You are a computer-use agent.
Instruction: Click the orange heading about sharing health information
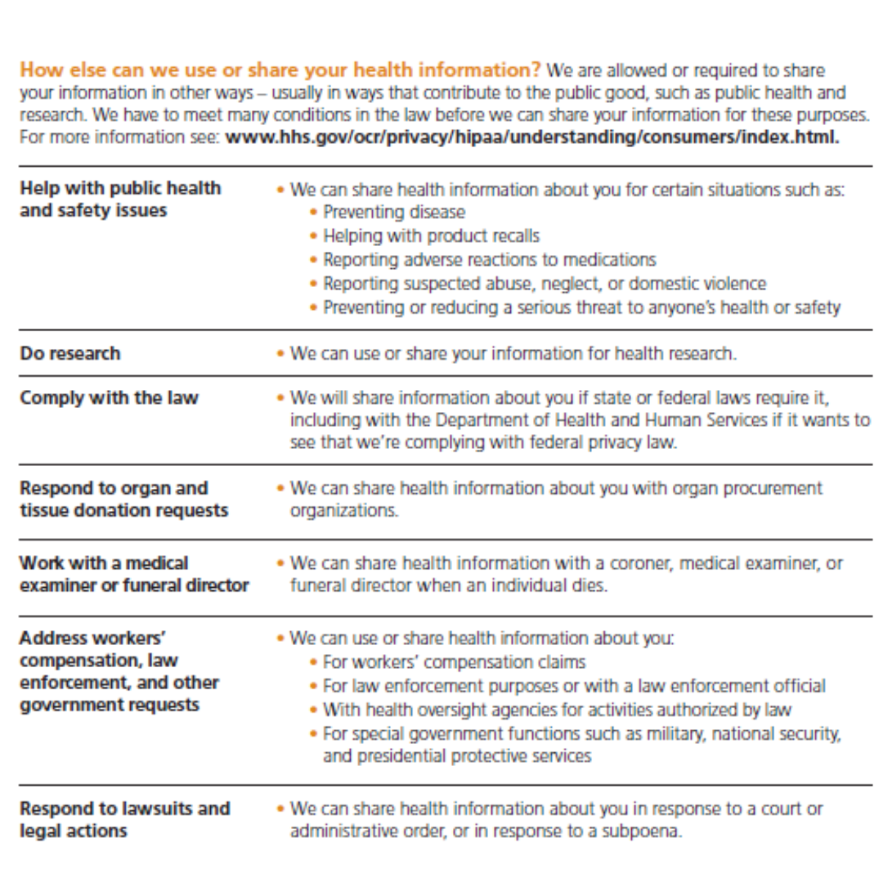tap(281, 69)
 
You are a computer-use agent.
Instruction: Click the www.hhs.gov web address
tap(531, 137)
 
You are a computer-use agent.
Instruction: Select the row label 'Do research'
tap(70, 353)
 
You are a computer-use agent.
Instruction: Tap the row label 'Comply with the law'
tap(109, 398)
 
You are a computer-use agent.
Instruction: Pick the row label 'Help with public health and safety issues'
tap(119, 199)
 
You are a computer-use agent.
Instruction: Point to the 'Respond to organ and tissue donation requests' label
tap(123, 499)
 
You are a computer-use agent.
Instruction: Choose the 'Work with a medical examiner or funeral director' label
tap(134, 574)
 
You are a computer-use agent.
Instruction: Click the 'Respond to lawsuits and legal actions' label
tap(124, 819)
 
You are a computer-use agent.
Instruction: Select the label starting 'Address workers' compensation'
tap(119, 670)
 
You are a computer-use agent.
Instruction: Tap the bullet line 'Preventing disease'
tap(393, 213)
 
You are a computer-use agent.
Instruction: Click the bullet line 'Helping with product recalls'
tap(431, 236)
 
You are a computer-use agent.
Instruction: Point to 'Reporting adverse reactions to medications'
tap(489, 260)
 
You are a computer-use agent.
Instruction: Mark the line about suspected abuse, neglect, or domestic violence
tap(545, 284)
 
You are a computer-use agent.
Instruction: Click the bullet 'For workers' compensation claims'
tap(454, 661)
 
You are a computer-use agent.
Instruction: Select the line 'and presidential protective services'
tap(456, 756)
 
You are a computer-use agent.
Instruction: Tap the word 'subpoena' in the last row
tap(644, 831)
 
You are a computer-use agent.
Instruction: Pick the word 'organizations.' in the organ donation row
tap(344, 511)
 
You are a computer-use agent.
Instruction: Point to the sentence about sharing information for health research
tap(513, 354)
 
